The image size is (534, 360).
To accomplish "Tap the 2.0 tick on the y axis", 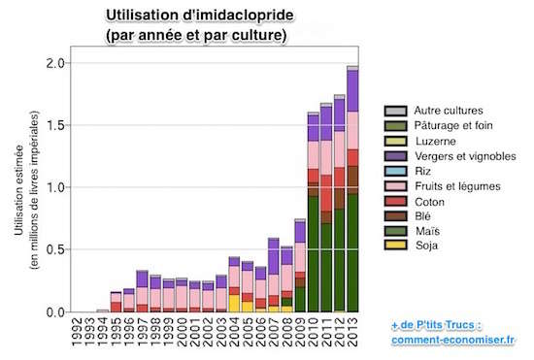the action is pos(55,63).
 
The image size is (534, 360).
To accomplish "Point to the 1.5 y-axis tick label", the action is pos(55,125).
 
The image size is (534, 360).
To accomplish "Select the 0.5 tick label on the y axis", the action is pos(55,249).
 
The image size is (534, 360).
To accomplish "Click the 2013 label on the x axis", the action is pos(352,332).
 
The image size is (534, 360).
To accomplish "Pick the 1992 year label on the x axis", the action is pos(77,332).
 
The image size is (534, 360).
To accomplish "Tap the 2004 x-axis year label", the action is pos(234,332).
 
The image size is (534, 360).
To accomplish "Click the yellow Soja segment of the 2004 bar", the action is pos(234,303).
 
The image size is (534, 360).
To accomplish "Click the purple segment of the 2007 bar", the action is pos(274,256).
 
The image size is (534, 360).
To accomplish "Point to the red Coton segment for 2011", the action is pos(326,193).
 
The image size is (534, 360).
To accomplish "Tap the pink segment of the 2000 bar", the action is pos(182,297).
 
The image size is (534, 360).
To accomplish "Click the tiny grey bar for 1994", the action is pos(103,311).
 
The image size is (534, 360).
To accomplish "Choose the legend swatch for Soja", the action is pos(395,245).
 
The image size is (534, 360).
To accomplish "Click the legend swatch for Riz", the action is pos(395,171).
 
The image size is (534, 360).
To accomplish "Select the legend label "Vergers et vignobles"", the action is pos(465,156).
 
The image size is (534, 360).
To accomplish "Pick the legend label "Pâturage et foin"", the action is pos(453,125).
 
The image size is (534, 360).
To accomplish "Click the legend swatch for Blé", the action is pos(395,215).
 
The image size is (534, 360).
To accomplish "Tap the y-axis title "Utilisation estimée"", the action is pos(19,190).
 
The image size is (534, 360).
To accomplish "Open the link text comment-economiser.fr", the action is pos(452,340).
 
